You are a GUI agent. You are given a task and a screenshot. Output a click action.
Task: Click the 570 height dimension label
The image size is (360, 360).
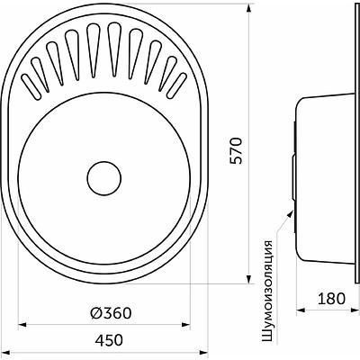(236, 150)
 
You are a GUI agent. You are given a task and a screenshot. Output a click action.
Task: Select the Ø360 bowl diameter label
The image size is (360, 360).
(111, 313)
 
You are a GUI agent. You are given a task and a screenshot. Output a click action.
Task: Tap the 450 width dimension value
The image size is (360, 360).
(109, 340)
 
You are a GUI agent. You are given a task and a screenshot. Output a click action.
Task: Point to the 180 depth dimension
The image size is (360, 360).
(331, 299)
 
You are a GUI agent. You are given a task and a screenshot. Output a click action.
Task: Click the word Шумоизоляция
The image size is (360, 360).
(268, 291)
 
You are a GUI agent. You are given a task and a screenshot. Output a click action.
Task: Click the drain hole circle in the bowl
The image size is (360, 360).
(104, 179)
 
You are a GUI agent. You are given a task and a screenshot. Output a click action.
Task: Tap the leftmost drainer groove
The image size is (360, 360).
(31, 86)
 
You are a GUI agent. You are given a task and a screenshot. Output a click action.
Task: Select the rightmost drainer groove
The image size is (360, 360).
(176, 85)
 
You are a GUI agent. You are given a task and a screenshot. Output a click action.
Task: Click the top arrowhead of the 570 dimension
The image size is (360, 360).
(248, 8)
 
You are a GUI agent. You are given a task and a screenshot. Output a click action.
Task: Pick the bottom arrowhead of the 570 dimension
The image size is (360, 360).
(248, 279)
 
